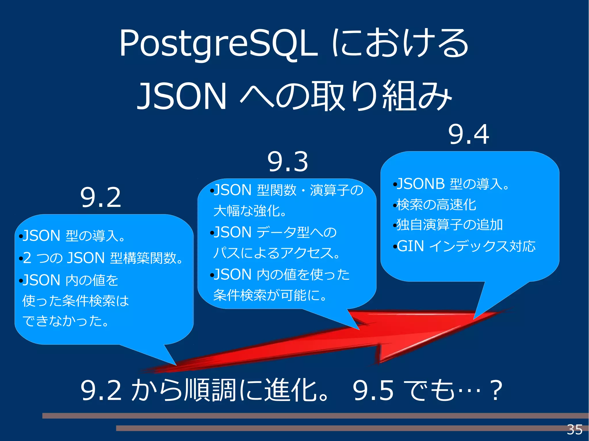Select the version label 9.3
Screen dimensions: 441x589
288,162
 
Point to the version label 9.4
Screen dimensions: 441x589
468,135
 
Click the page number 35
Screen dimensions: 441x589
574,430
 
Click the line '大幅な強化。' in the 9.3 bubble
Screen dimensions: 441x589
250,211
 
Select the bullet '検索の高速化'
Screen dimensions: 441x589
436,205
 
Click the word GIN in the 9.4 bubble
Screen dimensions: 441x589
410,247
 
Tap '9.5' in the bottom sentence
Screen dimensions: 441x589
373,391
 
